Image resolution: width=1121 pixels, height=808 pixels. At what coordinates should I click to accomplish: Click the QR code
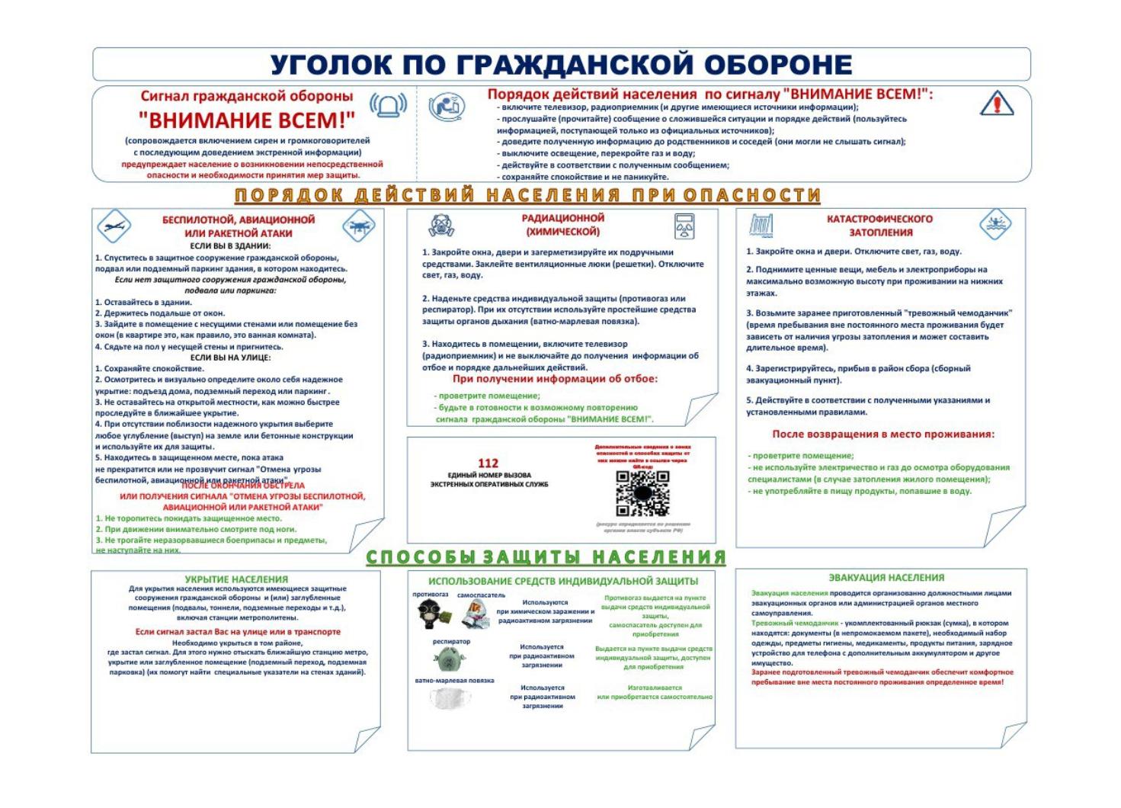pyautogui.click(x=642, y=493)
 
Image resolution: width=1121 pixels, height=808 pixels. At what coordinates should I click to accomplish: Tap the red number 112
pyautogui.click(x=488, y=463)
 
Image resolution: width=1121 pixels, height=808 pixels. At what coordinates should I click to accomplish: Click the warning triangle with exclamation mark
pyautogui.click(x=996, y=103)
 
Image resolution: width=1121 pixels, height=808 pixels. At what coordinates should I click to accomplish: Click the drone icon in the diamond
pyautogui.click(x=358, y=226)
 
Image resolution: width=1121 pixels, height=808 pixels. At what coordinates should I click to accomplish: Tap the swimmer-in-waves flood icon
pyautogui.click(x=995, y=224)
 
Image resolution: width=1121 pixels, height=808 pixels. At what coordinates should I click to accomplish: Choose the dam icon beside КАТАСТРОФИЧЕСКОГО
pyautogui.click(x=762, y=225)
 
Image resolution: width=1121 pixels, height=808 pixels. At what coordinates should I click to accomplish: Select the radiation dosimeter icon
pyautogui.click(x=682, y=226)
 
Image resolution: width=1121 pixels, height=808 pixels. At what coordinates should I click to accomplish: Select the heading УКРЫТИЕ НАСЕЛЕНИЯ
pyautogui.click(x=236, y=579)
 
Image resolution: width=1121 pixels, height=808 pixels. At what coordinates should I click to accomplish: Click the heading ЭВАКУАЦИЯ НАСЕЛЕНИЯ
pyautogui.click(x=886, y=578)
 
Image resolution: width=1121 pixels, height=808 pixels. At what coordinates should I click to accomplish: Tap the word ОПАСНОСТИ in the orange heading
pyautogui.click(x=751, y=195)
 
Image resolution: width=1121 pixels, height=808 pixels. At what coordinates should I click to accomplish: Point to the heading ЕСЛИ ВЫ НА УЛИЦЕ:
pyautogui.click(x=230, y=358)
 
